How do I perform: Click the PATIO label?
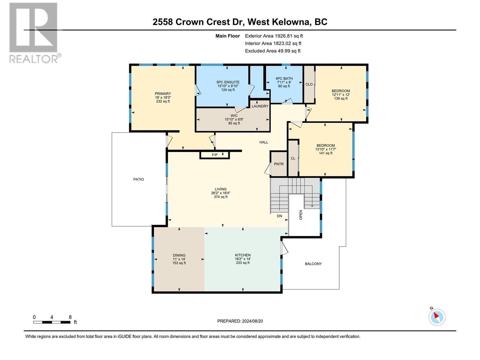pos(139,179)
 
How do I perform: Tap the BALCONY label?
pos(313,264)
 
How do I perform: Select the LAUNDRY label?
pos(260,106)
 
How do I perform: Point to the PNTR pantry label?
pos(279,164)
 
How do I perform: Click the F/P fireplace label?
pos(214,155)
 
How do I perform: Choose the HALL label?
pos(264,142)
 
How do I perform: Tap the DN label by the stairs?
pos(280,216)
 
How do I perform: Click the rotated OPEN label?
pos(301,215)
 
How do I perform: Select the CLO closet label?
pos(309,84)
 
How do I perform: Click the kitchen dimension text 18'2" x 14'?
pos(243,259)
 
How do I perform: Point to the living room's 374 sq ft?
pos(220,197)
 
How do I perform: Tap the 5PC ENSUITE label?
pos(228,82)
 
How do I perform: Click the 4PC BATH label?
pos(284,79)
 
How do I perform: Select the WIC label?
pos(234,115)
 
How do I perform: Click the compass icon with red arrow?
pos(437,317)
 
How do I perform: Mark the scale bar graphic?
pos(52,322)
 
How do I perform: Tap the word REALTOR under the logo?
pos(34,59)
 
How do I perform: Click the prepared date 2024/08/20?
pos(252,321)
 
